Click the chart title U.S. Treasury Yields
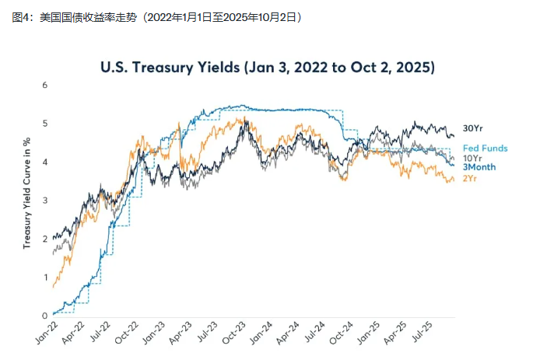tap(268, 67)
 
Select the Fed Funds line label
tap(486, 148)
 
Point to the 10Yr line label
tap(472, 158)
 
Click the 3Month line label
tap(479, 167)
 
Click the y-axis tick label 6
tap(45, 85)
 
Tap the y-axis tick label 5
tap(45, 124)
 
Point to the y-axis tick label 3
tap(45, 201)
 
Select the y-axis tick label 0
tap(45, 316)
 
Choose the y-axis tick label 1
tap(45, 278)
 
